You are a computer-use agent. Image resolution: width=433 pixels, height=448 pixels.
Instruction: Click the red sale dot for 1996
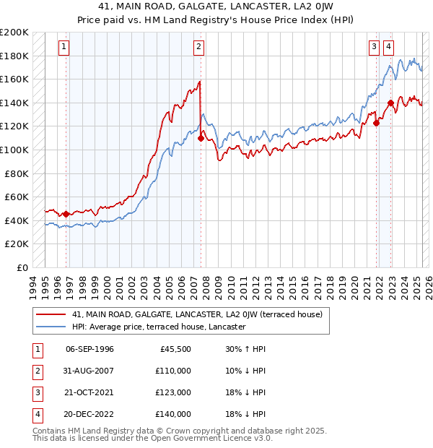[66, 214]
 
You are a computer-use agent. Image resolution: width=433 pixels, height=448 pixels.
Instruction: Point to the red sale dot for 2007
[200, 138]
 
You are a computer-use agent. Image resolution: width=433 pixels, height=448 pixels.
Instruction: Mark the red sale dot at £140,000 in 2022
[390, 103]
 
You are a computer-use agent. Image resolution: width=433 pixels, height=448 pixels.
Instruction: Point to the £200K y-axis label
[14, 33]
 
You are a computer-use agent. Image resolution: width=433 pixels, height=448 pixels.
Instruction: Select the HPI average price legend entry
[159, 327]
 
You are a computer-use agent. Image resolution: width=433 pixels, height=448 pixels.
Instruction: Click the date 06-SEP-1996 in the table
[89, 349]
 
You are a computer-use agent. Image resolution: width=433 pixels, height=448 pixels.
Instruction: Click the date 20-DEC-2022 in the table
[89, 414]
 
